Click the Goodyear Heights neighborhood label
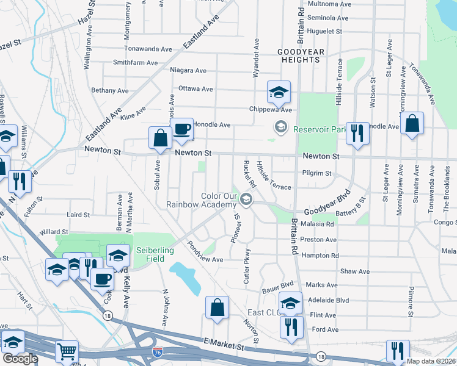pos(299,56)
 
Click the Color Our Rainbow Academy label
pos(202,200)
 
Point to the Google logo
pos(20,359)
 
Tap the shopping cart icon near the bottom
pos(67,352)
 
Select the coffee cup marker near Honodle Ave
pos(181,129)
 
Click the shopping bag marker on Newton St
pos(161,138)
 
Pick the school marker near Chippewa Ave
pos(279,93)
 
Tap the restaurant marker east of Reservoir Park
pos(357,132)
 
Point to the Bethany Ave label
pos(110,90)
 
